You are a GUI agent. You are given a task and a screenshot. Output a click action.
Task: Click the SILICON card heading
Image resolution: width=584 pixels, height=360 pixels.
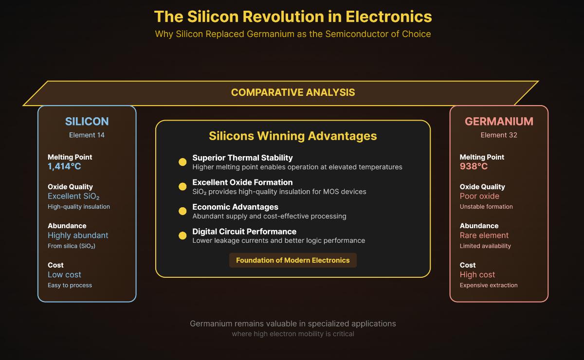[87, 122]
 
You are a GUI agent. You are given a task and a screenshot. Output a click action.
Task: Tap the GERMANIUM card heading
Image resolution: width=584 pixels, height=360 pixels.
[499, 122]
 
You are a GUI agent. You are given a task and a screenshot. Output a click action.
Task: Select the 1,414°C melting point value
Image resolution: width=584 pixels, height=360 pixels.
[64, 166]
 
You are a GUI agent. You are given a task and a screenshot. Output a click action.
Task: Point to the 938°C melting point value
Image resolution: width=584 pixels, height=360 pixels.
[474, 166]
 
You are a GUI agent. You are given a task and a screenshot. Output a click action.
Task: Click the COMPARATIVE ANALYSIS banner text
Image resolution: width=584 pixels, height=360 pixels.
[293, 92]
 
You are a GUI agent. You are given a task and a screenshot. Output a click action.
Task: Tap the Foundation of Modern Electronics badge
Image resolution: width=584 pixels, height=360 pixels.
[293, 260]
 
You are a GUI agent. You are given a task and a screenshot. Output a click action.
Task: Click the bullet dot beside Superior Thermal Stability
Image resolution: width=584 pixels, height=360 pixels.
[182, 162]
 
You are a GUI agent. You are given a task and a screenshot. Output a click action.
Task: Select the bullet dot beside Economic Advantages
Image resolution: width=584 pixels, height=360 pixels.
[182, 211]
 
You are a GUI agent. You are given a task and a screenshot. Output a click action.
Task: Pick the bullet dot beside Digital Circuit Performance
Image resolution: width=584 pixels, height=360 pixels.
[182, 235]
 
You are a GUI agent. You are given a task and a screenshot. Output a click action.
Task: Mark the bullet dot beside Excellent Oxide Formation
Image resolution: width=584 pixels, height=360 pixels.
[182, 187]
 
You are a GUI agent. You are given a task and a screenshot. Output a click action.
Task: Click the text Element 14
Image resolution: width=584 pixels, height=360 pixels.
[87, 135]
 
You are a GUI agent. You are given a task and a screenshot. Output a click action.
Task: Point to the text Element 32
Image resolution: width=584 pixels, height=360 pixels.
[499, 135]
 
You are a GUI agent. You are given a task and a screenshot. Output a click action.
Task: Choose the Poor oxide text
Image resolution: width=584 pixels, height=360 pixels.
[479, 196]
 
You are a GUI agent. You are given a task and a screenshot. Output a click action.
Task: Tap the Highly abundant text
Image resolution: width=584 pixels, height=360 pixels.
[78, 235]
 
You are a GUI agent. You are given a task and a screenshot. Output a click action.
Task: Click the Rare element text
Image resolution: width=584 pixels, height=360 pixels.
[484, 235]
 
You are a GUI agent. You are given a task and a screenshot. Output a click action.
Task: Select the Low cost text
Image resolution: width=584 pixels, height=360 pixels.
[64, 274]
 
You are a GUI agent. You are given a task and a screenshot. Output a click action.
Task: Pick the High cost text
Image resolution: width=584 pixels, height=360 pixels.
[477, 274]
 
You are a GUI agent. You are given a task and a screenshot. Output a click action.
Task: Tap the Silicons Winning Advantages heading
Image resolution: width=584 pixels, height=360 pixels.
[293, 136]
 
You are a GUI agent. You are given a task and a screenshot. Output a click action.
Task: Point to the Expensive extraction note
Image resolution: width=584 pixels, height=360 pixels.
[489, 285]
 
